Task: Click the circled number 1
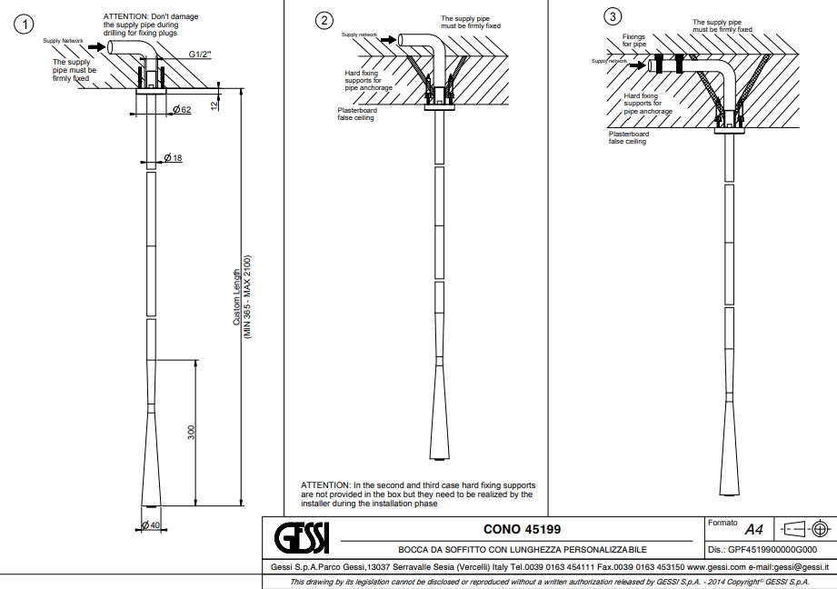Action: [x=24, y=24]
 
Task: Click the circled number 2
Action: [x=324, y=21]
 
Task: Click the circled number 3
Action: [x=613, y=16]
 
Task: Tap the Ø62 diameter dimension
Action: [x=182, y=109]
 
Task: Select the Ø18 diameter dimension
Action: [x=173, y=157]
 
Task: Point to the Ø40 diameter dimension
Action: [x=151, y=525]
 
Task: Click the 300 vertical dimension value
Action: [x=191, y=433]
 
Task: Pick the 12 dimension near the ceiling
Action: [x=214, y=105]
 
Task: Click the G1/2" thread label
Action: [x=200, y=54]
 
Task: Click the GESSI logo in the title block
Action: [x=302, y=538]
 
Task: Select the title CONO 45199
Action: [x=522, y=529]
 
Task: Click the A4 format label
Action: [x=753, y=530]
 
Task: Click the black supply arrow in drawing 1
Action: [x=97, y=47]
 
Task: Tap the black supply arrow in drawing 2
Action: [x=388, y=40]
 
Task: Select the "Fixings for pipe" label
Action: [x=634, y=41]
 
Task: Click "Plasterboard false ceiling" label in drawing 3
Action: [x=629, y=138]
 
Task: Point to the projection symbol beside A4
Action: [x=805, y=529]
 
